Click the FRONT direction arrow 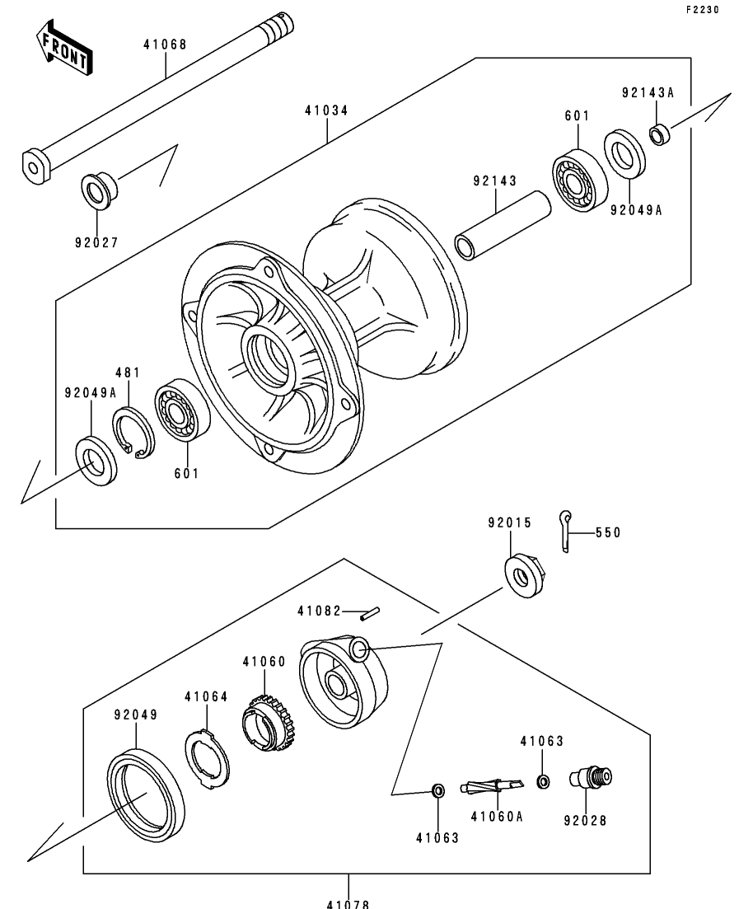coord(63,49)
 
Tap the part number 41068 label coord(166,45)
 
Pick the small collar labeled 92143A coord(660,135)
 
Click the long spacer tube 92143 coord(503,225)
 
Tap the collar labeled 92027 coord(99,190)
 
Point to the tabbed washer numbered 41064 coord(207,760)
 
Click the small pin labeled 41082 coord(369,613)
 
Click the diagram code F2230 coord(703,10)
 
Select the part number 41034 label coord(327,110)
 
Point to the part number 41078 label coord(348,903)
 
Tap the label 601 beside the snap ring coord(187,474)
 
